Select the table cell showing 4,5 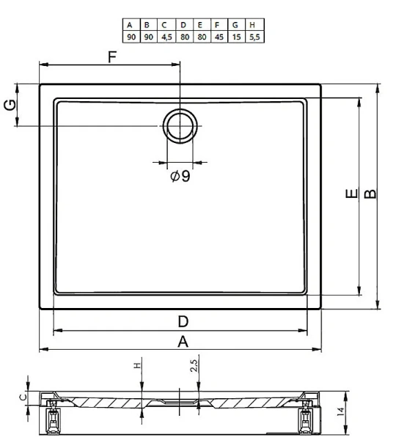pos(166,37)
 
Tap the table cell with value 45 pos(219,37)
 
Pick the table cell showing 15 pos(237,37)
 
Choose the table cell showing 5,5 pos(254,37)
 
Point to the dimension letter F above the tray pos(112,57)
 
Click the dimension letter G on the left pos(10,105)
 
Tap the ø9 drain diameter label pos(180,176)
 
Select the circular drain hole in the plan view pos(180,110)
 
